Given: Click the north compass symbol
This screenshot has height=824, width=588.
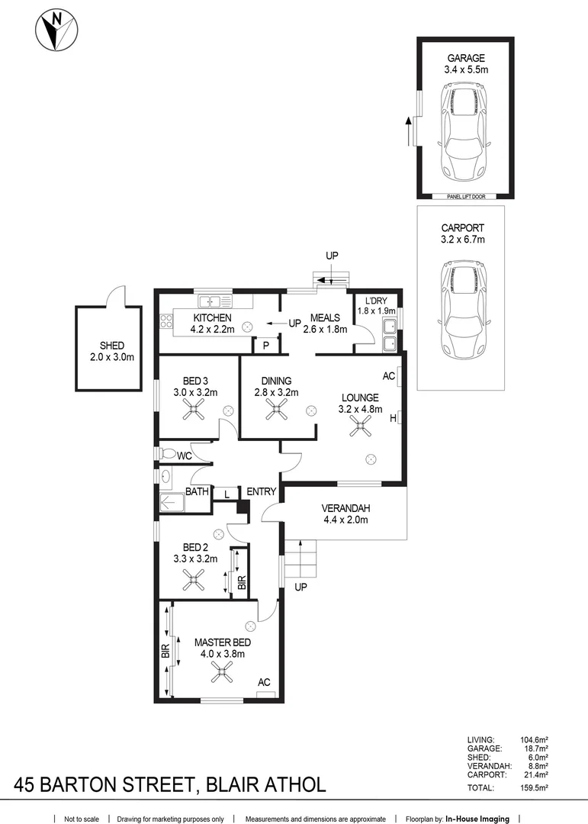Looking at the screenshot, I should [x=56, y=30].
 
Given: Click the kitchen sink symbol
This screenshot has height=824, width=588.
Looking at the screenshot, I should [x=215, y=302].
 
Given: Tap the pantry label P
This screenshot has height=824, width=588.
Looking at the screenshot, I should [x=266, y=346].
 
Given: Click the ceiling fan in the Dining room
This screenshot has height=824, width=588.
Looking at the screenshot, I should [x=275, y=411].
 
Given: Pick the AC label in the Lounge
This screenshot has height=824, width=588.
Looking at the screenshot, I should [x=388, y=376].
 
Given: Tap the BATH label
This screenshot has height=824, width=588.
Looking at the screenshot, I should [x=197, y=492].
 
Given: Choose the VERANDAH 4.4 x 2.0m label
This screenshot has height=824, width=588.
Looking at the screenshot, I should [x=345, y=514].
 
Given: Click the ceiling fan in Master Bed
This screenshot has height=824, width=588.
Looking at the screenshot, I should [x=223, y=672].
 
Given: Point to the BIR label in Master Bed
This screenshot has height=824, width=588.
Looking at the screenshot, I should [x=165, y=651].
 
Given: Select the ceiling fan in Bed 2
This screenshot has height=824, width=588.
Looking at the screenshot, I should [x=194, y=584].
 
